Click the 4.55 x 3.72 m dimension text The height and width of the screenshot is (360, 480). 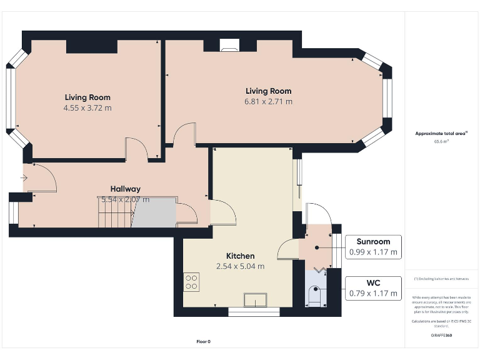(x=87, y=107)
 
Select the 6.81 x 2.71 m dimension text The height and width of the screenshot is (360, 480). (x=268, y=101)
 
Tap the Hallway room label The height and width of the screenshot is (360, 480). (x=125, y=189)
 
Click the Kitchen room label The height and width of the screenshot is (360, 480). (x=240, y=256)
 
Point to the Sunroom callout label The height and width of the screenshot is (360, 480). (x=373, y=242)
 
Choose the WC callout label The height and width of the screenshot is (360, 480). (x=373, y=282)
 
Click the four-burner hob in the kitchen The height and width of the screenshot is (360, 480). (x=191, y=282)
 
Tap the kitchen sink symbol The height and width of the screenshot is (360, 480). (x=256, y=301)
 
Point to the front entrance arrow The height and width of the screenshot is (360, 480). (x=24, y=178)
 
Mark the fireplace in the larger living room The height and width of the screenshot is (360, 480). (x=229, y=44)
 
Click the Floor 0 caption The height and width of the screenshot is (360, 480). (x=204, y=341)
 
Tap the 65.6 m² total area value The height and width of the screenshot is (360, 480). (x=441, y=141)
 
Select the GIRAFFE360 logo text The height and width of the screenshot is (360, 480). (x=441, y=336)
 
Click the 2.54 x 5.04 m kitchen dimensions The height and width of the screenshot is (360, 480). (x=240, y=266)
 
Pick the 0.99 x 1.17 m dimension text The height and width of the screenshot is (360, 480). (x=373, y=252)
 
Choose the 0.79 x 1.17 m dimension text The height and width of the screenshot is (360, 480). (x=373, y=293)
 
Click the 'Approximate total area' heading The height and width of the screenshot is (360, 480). (x=441, y=133)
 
